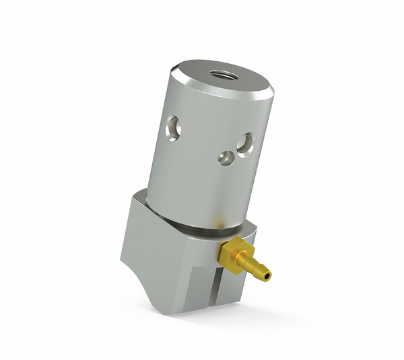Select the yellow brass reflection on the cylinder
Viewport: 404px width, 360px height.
point(219,219)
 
